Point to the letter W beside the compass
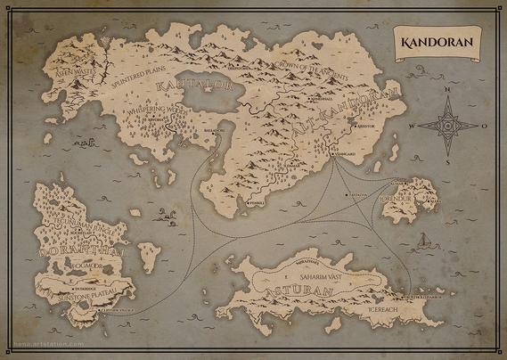pos(411,127)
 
